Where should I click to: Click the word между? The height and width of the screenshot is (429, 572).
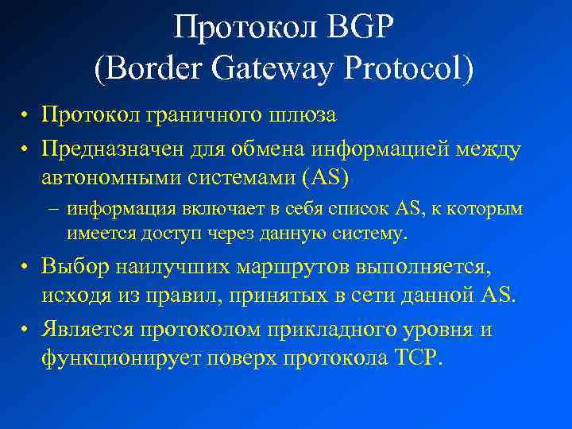[487, 149]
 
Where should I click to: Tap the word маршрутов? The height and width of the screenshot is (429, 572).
[282, 268]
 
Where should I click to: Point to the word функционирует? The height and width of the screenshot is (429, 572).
[121, 357]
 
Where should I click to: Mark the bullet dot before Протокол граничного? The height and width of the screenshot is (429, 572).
[26, 117]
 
